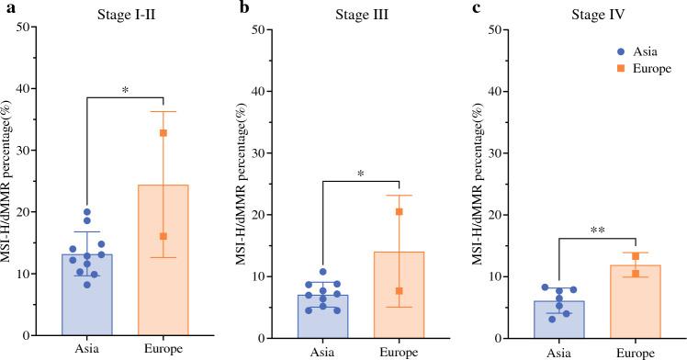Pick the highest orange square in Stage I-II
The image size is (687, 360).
(163, 133)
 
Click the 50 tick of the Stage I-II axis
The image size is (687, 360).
(39, 28)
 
